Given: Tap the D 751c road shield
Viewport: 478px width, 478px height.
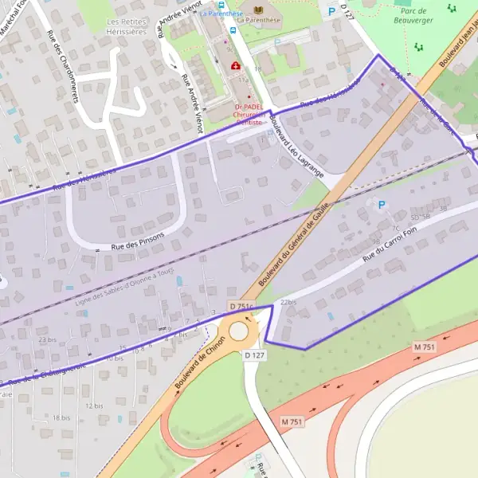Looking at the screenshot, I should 240,307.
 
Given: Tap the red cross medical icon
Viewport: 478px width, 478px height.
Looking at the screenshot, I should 234,66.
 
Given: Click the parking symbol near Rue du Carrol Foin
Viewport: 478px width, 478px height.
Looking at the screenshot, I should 381,205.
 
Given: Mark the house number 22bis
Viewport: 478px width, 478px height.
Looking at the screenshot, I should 288,303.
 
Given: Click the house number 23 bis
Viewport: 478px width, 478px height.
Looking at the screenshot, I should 47,339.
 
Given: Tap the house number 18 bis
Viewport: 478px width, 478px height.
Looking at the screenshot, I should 61,417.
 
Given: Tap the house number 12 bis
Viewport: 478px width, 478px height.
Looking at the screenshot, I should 94,406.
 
